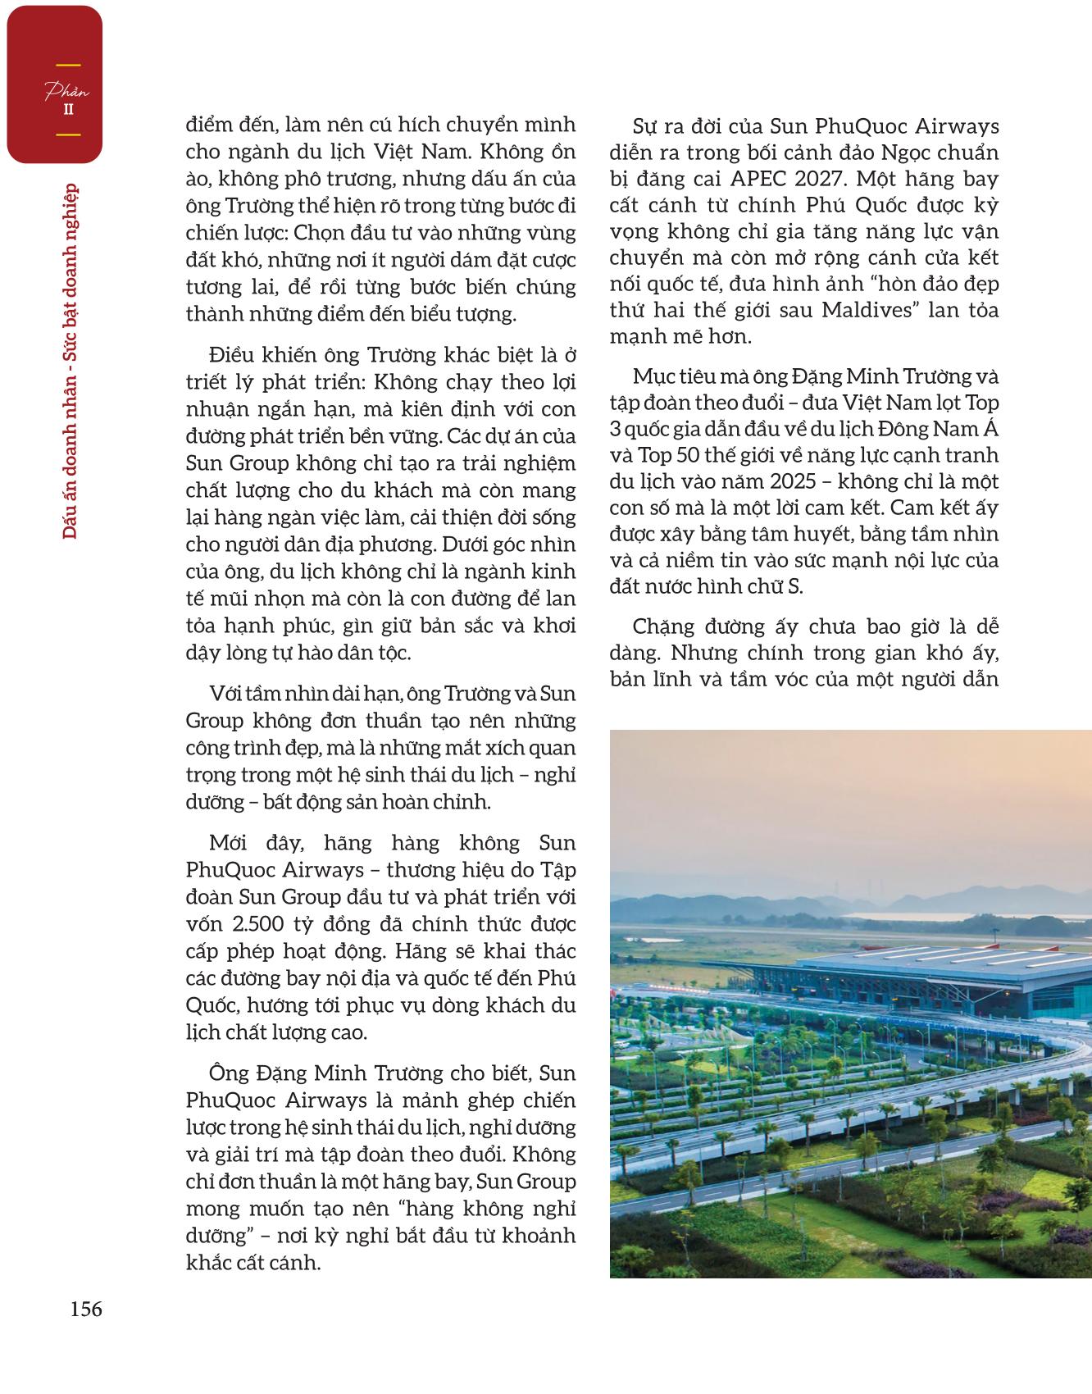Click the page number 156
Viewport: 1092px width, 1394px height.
pyautogui.click(x=86, y=1310)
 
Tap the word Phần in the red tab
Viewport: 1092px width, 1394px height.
pyautogui.click(x=67, y=89)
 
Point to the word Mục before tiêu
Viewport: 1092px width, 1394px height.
pyautogui.click(x=655, y=377)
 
